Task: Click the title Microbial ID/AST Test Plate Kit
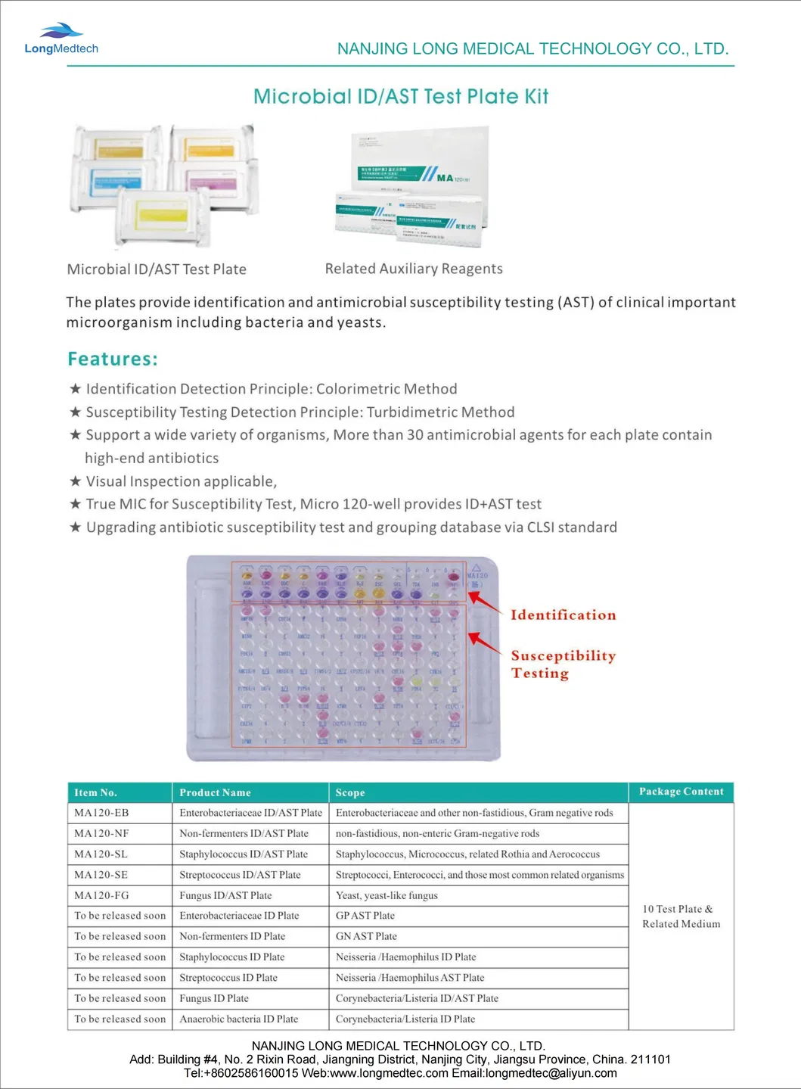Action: point(400,97)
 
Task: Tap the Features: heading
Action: point(113,359)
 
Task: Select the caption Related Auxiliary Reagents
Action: point(414,269)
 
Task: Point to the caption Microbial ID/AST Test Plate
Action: point(157,269)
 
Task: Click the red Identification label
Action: point(563,615)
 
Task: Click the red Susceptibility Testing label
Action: point(563,664)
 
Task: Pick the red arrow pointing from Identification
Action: point(484,602)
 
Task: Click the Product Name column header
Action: point(215,792)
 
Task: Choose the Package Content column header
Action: point(681,792)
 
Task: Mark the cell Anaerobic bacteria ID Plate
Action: point(238,1019)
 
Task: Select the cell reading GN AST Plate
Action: point(366,936)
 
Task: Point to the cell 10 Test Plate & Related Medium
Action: point(681,916)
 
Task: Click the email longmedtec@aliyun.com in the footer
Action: point(551,1073)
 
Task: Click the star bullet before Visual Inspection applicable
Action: point(75,481)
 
